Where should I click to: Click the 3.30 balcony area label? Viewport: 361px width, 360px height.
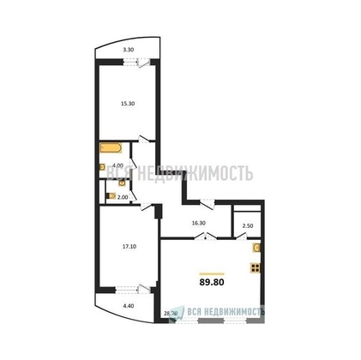click(128, 51)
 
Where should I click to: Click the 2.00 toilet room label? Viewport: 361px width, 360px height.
click(122, 196)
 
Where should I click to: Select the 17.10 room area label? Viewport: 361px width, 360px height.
click(129, 247)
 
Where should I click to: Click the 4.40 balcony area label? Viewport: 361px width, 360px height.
click(129, 304)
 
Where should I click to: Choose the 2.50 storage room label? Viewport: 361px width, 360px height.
click(248, 225)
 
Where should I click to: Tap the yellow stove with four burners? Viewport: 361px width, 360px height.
click(255, 267)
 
